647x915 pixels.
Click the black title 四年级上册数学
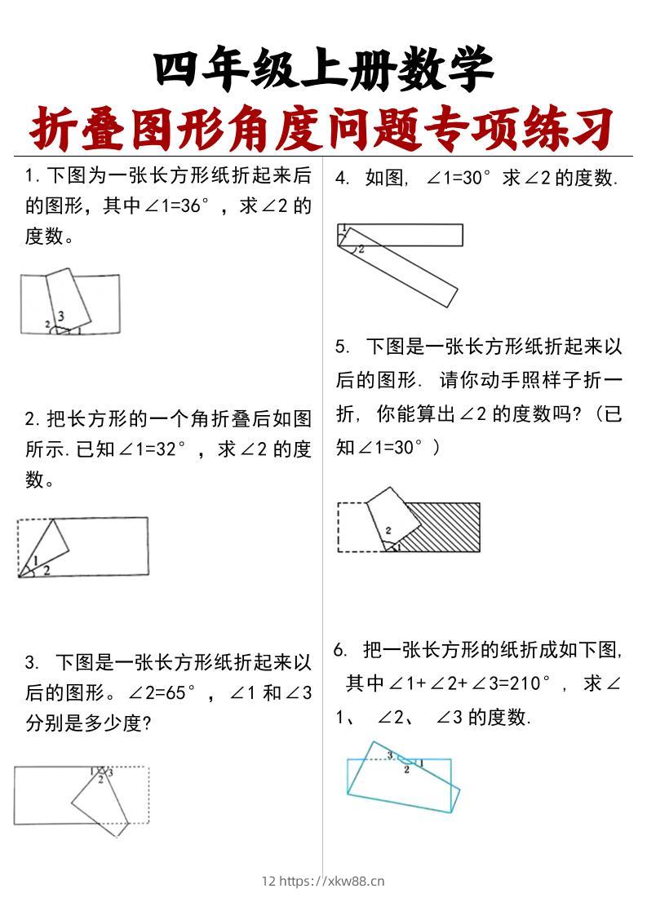pyautogui.click(x=323, y=70)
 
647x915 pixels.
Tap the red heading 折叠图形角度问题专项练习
pyautogui.click(x=323, y=127)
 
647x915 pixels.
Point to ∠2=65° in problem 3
pyautogui.click(x=162, y=693)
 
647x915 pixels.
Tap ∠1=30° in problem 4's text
pyautogui.click(x=459, y=178)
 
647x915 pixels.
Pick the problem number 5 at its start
pyautogui.click(x=341, y=347)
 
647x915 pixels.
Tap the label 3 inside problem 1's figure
pyautogui.click(x=61, y=316)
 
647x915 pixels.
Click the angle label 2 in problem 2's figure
pyautogui.click(x=47, y=570)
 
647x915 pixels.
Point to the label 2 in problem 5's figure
pyautogui.click(x=388, y=531)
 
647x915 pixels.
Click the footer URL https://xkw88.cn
pyautogui.click(x=332, y=881)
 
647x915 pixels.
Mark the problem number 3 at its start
pyautogui.click(x=30, y=661)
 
